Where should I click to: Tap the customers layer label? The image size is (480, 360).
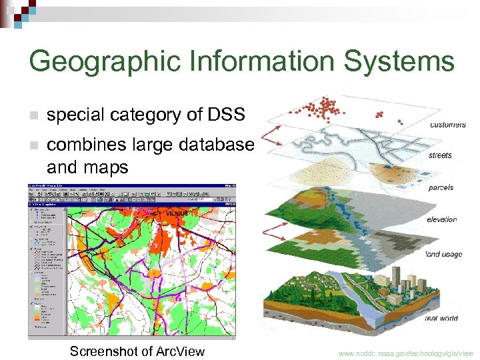(448, 125)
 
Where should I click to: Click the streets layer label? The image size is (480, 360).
(441, 155)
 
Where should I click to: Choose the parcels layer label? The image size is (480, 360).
(441, 187)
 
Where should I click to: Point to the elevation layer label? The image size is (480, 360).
(443, 219)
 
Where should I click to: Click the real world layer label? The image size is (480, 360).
(441, 318)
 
